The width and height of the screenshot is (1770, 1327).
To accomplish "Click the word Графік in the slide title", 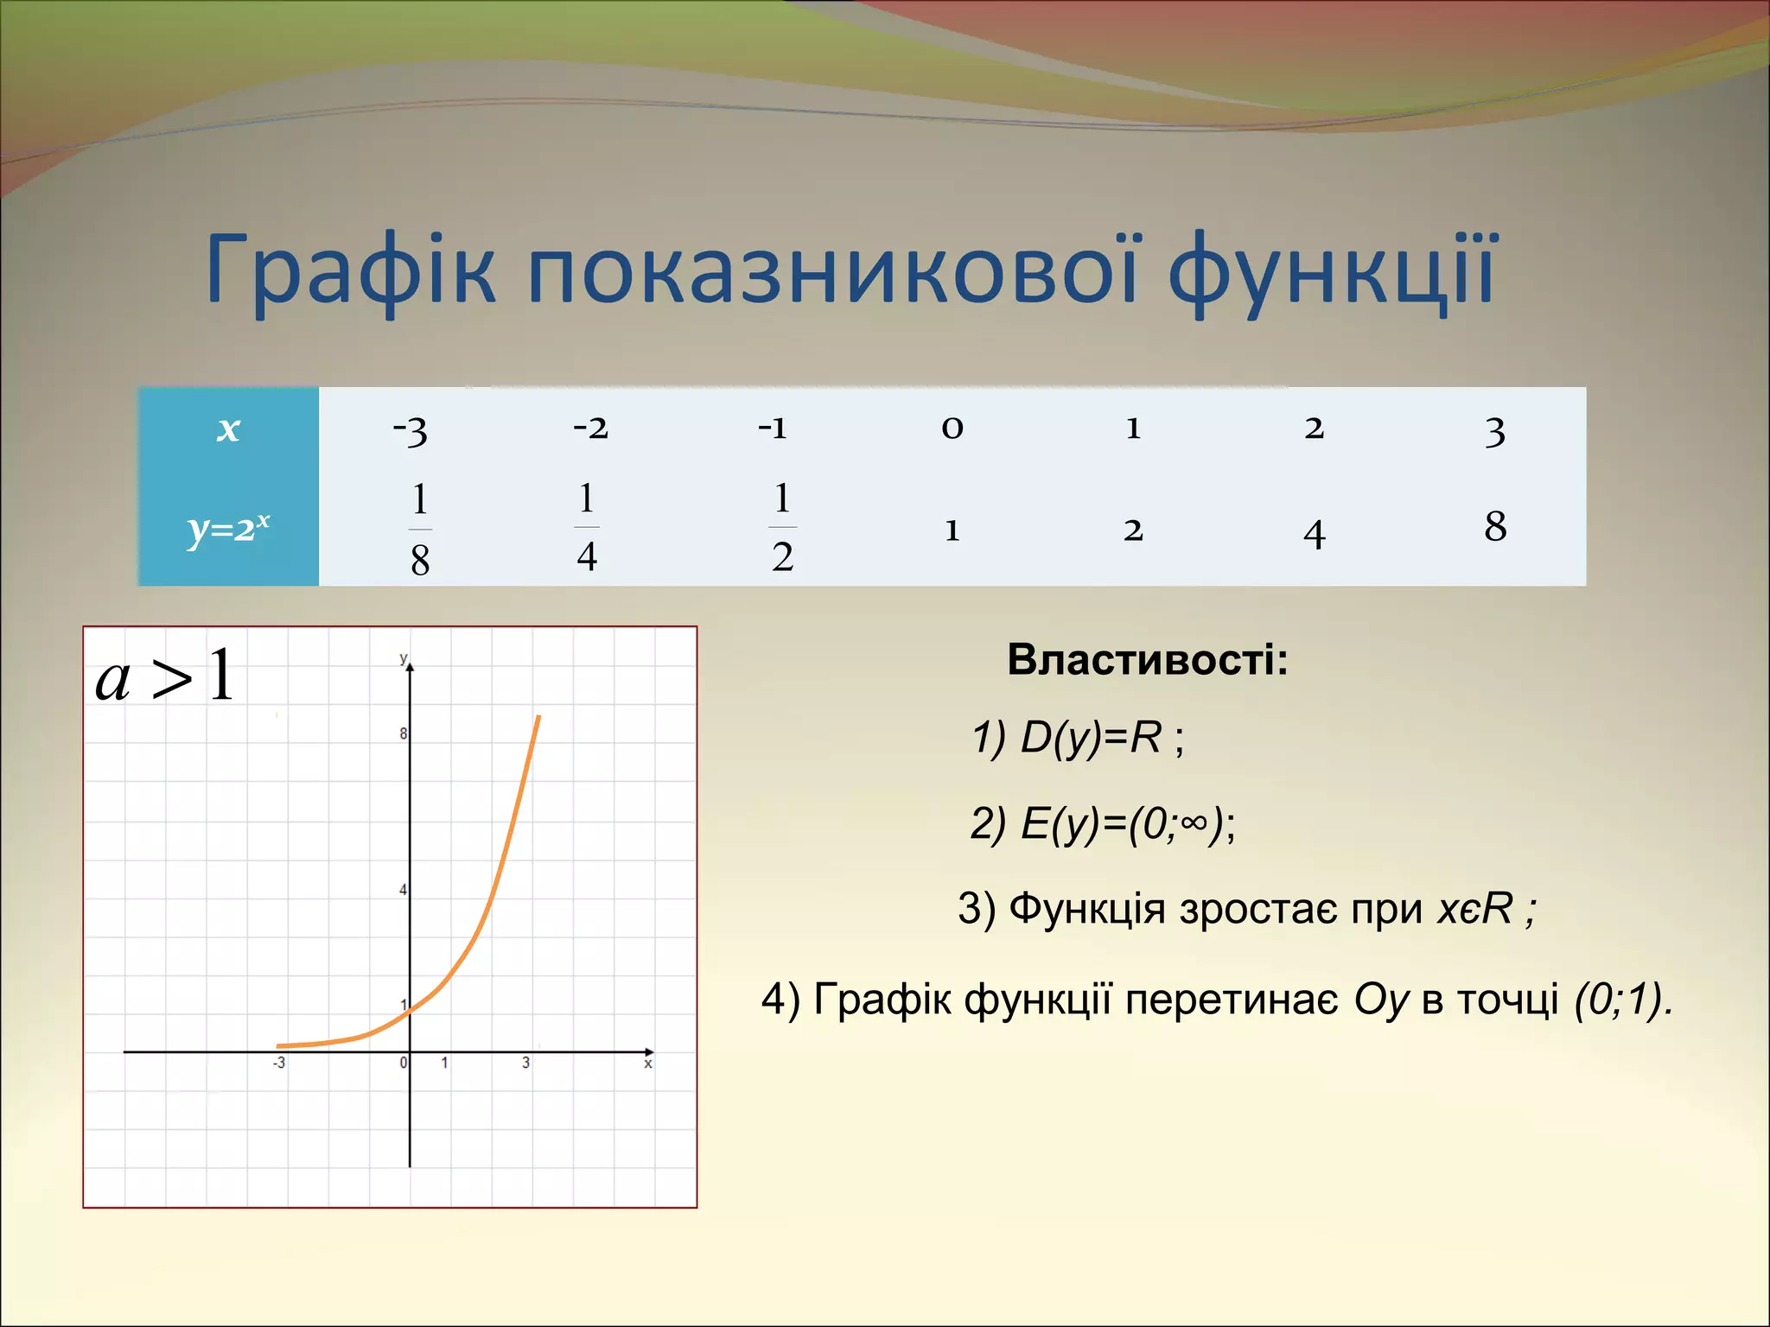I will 350,270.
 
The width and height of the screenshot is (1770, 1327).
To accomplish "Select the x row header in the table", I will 228,429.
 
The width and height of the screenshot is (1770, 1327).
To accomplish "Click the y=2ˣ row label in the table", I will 228,528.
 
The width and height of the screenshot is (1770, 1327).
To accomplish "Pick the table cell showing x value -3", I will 411,429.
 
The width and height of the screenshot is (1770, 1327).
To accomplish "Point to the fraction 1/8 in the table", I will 420,529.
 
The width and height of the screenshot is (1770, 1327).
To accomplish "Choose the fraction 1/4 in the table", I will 587,528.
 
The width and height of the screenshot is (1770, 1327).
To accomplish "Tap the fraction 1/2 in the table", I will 782,528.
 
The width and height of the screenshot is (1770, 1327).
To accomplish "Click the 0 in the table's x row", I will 952,428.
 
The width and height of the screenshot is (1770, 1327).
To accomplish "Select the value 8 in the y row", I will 1495,526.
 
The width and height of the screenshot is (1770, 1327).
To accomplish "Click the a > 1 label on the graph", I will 164,677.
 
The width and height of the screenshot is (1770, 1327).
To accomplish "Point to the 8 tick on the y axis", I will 403,734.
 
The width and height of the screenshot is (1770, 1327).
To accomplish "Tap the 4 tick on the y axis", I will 403,890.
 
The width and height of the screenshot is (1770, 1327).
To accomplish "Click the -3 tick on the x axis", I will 278,1064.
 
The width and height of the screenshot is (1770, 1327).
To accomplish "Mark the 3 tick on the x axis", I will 525,1064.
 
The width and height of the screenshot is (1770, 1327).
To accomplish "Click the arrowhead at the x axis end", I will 650,1051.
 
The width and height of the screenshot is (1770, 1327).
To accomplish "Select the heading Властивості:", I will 1147,660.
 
